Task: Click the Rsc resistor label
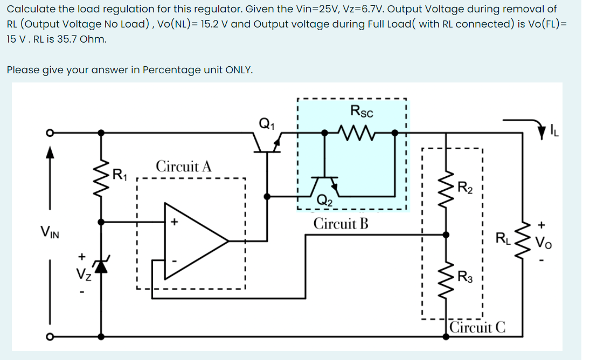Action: click(x=362, y=112)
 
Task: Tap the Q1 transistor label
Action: click(x=265, y=123)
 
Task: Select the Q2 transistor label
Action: click(x=324, y=200)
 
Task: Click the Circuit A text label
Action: click(x=184, y=166)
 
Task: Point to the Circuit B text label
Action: click(x=341, y=223)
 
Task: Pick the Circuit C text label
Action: click(x=477, y=327)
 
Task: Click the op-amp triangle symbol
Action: click(x=194, y=240)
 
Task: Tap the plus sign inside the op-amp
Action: click(x=175, y=221)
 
